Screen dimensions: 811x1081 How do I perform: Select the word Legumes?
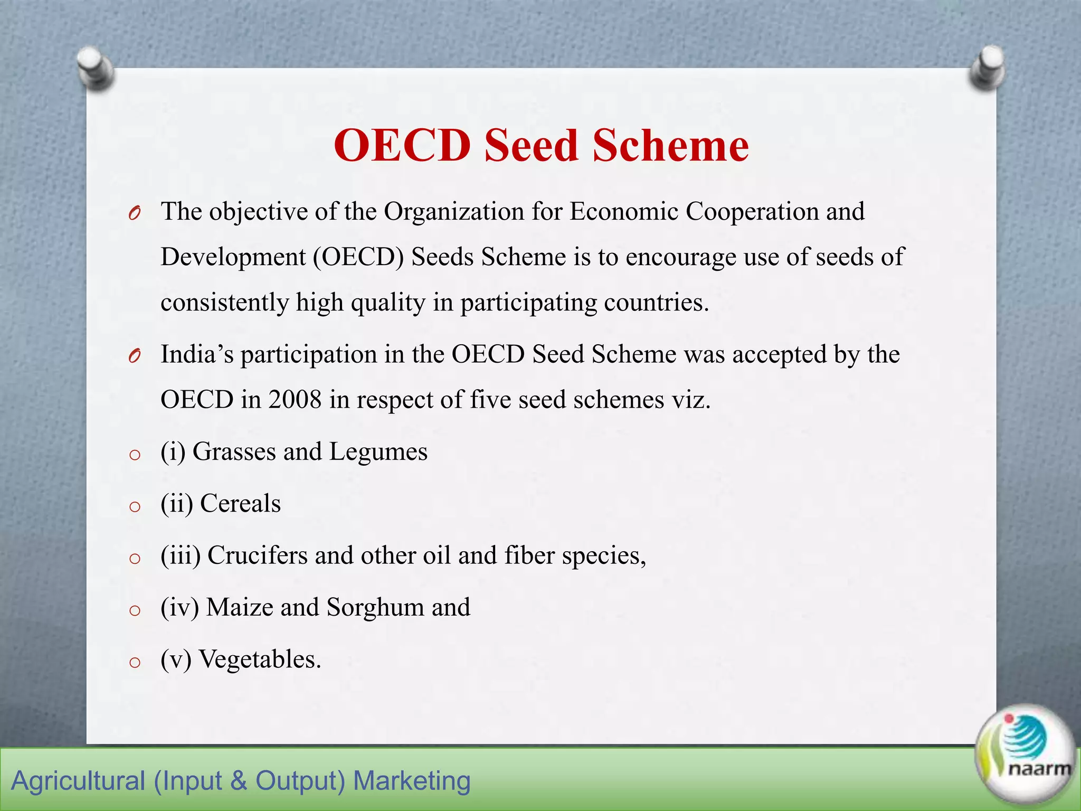(378, 451)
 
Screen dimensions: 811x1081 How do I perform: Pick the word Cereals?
(240, 503)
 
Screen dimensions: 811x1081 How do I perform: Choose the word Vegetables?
(259, 659)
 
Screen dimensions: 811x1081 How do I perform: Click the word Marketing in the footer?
(411, 781)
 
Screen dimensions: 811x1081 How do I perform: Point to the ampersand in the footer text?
(239, 781)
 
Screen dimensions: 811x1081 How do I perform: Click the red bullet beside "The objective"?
(134, 213)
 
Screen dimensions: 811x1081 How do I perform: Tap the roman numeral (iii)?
(181, 555)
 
